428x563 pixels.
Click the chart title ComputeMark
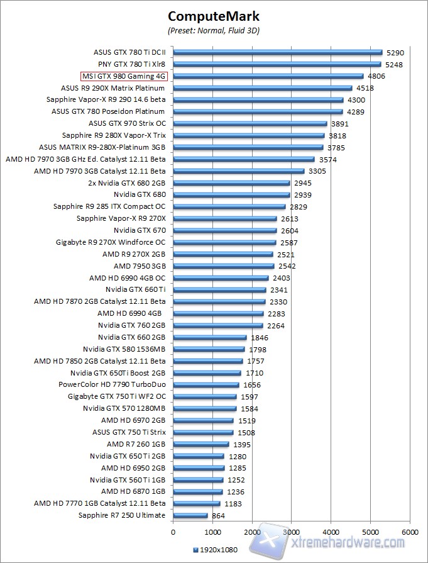(214, 16)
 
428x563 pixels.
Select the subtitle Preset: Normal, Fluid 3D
(214, 30)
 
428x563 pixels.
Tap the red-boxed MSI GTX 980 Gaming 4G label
(124, 76)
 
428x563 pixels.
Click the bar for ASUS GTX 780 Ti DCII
(277, 52)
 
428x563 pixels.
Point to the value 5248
(394, 64)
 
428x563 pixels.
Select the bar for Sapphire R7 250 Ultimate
(190, 516)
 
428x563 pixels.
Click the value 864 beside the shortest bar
(218, 516)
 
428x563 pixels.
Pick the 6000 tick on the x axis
(410, 531)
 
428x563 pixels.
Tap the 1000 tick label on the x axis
(212, 531)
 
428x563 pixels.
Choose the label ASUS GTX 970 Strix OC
(127, 124)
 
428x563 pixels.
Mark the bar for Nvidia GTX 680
(231, 195)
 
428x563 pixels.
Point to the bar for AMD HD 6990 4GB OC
(221, 278)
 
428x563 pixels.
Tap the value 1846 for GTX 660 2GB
(258, 338)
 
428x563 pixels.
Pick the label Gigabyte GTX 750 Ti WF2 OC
(117, 397)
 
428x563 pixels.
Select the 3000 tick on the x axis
(292, 531)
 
